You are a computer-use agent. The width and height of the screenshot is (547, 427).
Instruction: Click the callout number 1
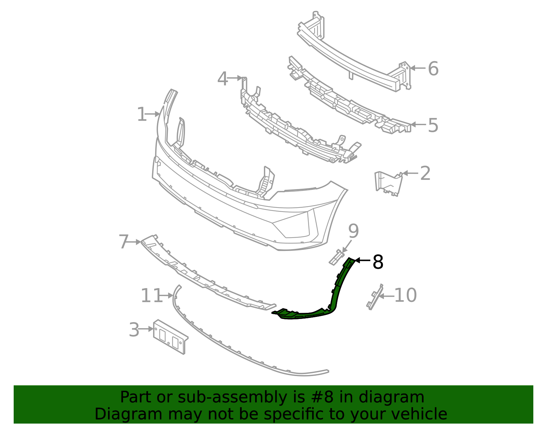tap(142, 114)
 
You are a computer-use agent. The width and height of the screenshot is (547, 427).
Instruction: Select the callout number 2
tap(425, 174)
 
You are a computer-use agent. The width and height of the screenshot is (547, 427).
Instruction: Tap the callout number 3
tap(134, 330)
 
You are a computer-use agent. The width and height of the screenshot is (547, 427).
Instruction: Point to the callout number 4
tap(223, 79)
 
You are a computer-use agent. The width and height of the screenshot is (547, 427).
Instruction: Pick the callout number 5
tap(433, 125)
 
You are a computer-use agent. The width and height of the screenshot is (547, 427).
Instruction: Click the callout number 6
tap(433, 69)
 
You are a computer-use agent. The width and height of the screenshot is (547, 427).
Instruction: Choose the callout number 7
tap(123, 242)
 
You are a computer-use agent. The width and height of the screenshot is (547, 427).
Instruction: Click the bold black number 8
tap(378, 262)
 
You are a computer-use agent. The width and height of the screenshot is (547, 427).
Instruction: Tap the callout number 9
tap(353, 231)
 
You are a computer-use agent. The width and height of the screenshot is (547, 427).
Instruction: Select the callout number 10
tap(405, 295)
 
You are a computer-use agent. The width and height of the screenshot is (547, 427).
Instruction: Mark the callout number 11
tap(151, 296)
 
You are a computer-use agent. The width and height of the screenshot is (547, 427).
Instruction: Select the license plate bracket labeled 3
tap(170, 336)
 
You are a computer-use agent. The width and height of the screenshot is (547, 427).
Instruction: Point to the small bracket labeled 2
tap(388, 183)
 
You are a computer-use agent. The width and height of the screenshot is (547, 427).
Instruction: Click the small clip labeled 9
tap(336, 257)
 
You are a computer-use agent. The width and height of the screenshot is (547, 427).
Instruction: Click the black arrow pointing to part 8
tap(363, 261)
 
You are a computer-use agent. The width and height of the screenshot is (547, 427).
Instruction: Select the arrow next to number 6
tap(417, 68)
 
